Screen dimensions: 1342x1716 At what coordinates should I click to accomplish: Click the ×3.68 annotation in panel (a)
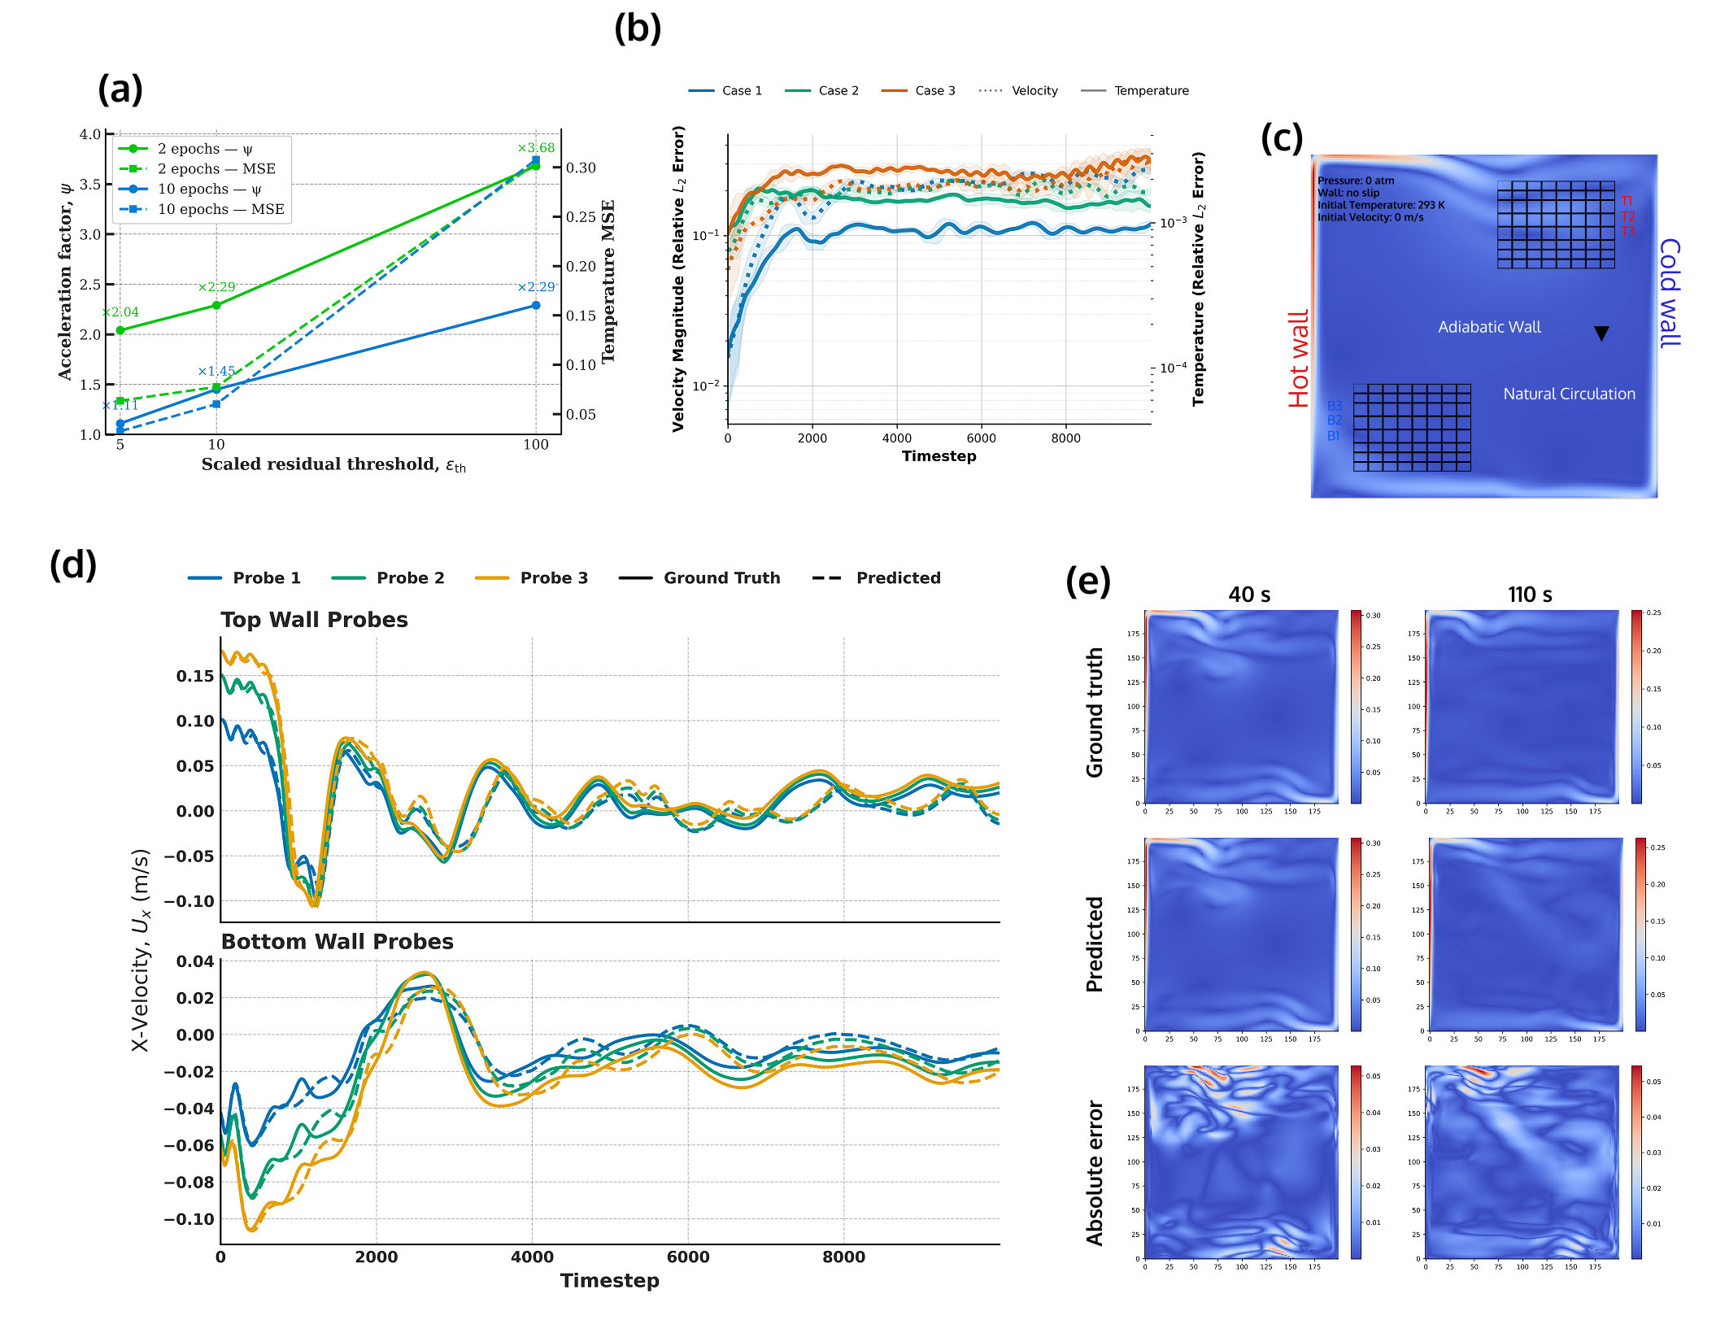pyautogui.click(x=536, y=148)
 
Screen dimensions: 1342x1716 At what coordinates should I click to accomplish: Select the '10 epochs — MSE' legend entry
pyautogui.click(x=220, y=209)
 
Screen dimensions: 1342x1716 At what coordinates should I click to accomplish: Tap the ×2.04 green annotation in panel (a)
pyautogui.click(x=121, y=312)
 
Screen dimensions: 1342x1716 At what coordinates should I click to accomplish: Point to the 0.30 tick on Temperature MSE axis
pyautogui.click(x=581, y=168)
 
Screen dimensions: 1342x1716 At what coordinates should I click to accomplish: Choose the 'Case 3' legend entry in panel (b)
pyautogui.click(x=934, y=90)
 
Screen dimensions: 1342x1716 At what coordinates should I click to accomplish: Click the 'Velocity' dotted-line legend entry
pyautogui.click(x=1034, y=90)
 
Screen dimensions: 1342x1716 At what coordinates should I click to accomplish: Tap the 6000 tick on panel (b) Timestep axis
pyautogui.click(x=981, y=438)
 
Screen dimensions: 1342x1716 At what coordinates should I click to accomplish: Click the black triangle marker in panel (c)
pyautogui.click(x=1601, y=333)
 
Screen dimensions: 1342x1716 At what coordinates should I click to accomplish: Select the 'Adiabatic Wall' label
pyautogui.click(x=1489, y=327)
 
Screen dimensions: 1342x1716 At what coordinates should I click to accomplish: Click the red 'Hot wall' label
pyautogui.click(x=1299, y=358)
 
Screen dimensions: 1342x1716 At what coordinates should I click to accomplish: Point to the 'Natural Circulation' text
pyautogui.click(x=1569, y=394)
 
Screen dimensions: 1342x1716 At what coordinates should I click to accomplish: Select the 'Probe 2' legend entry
pyautogui.click(x=410, y=577)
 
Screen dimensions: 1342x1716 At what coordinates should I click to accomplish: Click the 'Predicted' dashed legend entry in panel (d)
pyautogui.click(x=897, y=577)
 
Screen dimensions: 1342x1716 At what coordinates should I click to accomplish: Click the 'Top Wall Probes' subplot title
pyautogui.click(x=314, y=620)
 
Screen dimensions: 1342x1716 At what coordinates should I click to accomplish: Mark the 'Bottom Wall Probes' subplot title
pyautogui.click(x=337, y=941)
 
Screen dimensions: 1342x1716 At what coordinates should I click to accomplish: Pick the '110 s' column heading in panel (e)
pyautogui.click(x=1529, y=595)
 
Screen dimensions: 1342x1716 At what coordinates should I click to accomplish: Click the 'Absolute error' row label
pyautogui.click(x=1095, y=1172)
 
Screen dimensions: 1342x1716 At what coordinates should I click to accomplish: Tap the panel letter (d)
pyautogui.click(x=73, y=564)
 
